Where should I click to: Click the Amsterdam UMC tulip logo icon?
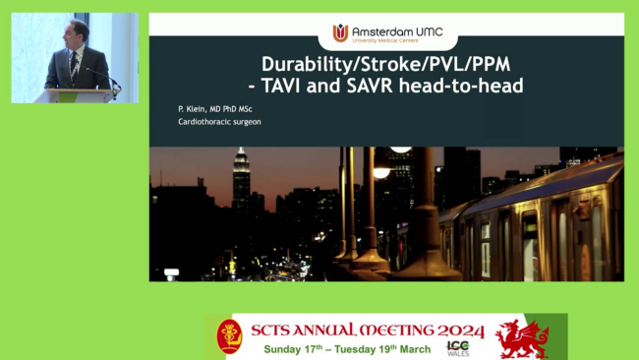coord(340,32)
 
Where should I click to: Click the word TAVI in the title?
coord(280,86)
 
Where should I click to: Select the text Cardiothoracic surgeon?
coord(219,122)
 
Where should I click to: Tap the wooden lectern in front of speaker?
coord(75,95)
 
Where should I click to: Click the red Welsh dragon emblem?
coord(522,339)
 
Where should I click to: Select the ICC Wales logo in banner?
coord(458,348)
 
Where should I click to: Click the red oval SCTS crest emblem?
coord(229,336)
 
